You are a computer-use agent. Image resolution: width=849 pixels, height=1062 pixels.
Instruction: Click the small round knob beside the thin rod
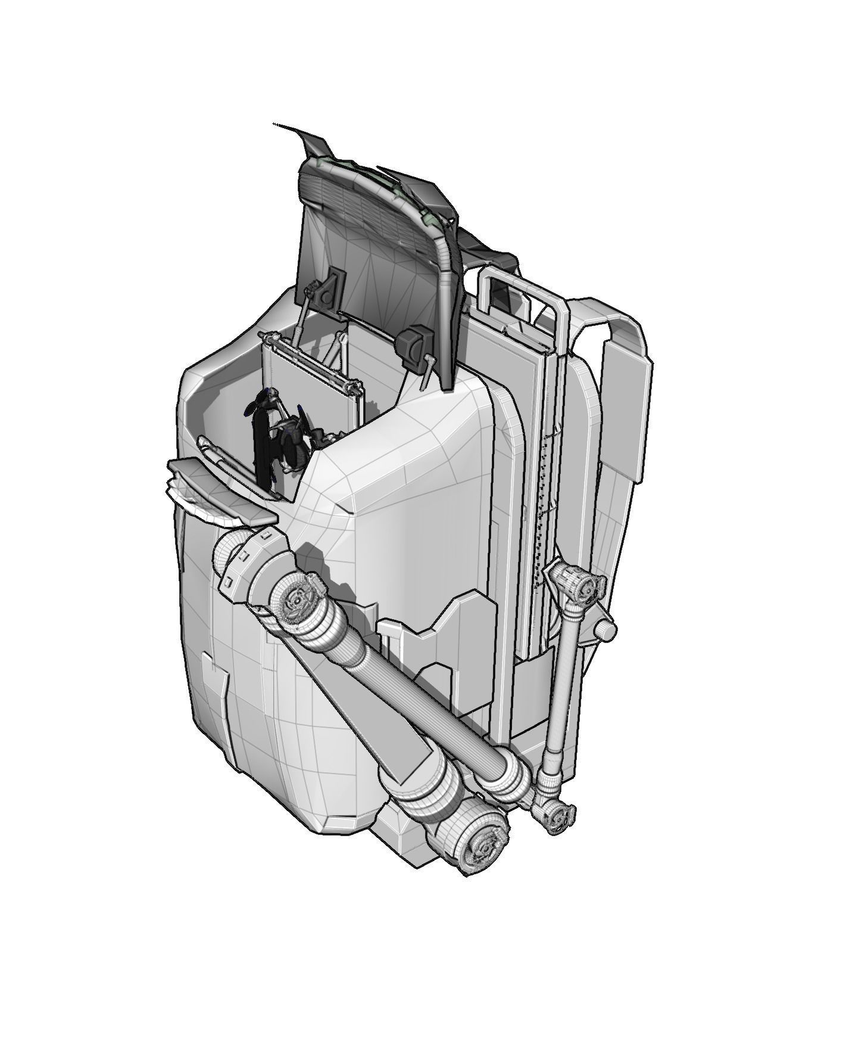(x=607, y=629)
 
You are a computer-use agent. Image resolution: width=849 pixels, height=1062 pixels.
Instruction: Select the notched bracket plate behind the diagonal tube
(x=441, y=644)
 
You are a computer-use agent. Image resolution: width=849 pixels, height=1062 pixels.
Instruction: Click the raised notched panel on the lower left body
(x=214, y=685)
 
